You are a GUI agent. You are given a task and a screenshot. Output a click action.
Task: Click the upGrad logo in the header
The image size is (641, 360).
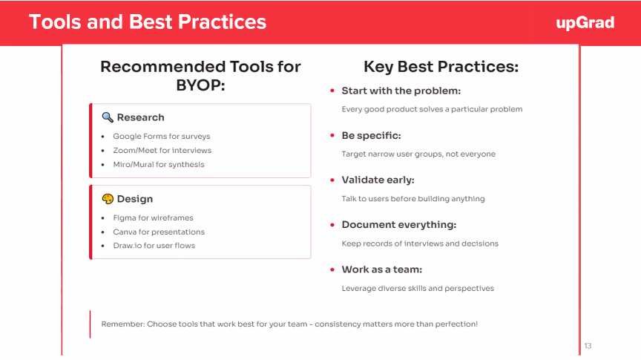pos(585,23)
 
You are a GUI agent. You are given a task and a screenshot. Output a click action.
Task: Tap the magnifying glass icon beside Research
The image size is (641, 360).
pos(108,117)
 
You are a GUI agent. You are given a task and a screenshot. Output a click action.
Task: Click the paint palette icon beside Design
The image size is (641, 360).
pos(108,199)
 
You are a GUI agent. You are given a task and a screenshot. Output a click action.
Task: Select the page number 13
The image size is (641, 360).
pos(588,346)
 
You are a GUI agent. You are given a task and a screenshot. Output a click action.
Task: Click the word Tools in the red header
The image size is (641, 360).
pos(55,22)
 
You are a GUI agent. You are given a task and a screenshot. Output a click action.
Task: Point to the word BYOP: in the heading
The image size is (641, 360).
pos(200,85)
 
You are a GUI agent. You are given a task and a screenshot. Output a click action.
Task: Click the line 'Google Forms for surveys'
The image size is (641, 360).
pos(162,137)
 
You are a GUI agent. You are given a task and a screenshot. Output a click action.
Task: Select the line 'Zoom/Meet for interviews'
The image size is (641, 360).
pos(162,150)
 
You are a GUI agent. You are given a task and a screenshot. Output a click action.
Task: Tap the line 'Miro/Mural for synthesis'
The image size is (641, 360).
pos(159,165)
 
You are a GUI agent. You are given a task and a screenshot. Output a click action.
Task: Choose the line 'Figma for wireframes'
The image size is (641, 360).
pos(154,217)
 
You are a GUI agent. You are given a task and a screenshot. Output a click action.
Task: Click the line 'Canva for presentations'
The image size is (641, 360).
pos(159,232)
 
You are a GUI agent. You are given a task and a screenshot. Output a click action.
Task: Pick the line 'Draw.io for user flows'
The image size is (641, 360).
pos(154,246)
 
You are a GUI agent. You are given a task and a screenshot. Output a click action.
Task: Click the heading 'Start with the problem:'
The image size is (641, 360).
pos(401,91)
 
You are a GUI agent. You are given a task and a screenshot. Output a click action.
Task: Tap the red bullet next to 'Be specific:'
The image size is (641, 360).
pos(332,135)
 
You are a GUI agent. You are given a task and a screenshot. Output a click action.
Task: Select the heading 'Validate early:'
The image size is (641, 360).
pos(378,180)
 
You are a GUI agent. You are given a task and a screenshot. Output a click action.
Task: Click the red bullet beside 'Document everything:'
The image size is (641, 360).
pos(332,225)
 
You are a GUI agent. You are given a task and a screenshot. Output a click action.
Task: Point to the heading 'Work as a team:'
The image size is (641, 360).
pos(382,269)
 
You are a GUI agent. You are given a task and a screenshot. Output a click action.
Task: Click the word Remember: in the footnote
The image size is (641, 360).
pos(123,324)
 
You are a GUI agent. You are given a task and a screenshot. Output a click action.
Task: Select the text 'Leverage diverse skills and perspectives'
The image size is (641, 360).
pos(418,289)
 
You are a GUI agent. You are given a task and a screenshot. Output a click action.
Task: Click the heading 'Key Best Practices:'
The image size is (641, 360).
pos(441,67)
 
